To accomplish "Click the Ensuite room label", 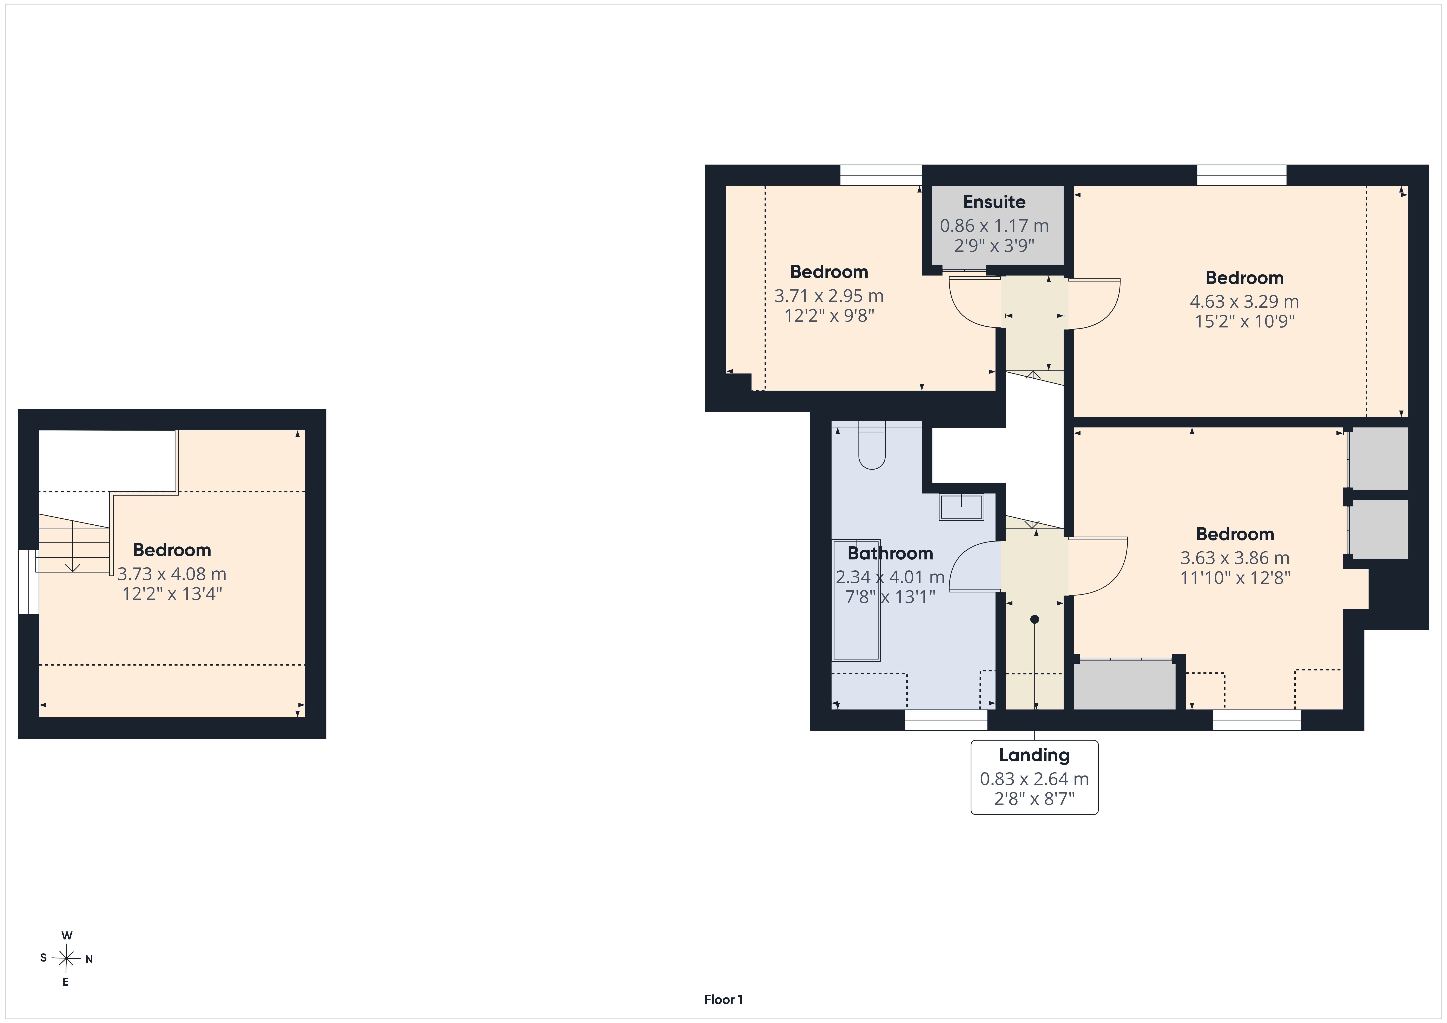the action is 994,202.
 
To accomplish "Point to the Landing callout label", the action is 1034,755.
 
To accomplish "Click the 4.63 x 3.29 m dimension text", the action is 1244,302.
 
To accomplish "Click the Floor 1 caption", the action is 723,999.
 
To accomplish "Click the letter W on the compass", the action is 67,935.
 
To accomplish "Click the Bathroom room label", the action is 890,553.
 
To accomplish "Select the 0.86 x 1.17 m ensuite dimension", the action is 994,226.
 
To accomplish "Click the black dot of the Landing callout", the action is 1034,620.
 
